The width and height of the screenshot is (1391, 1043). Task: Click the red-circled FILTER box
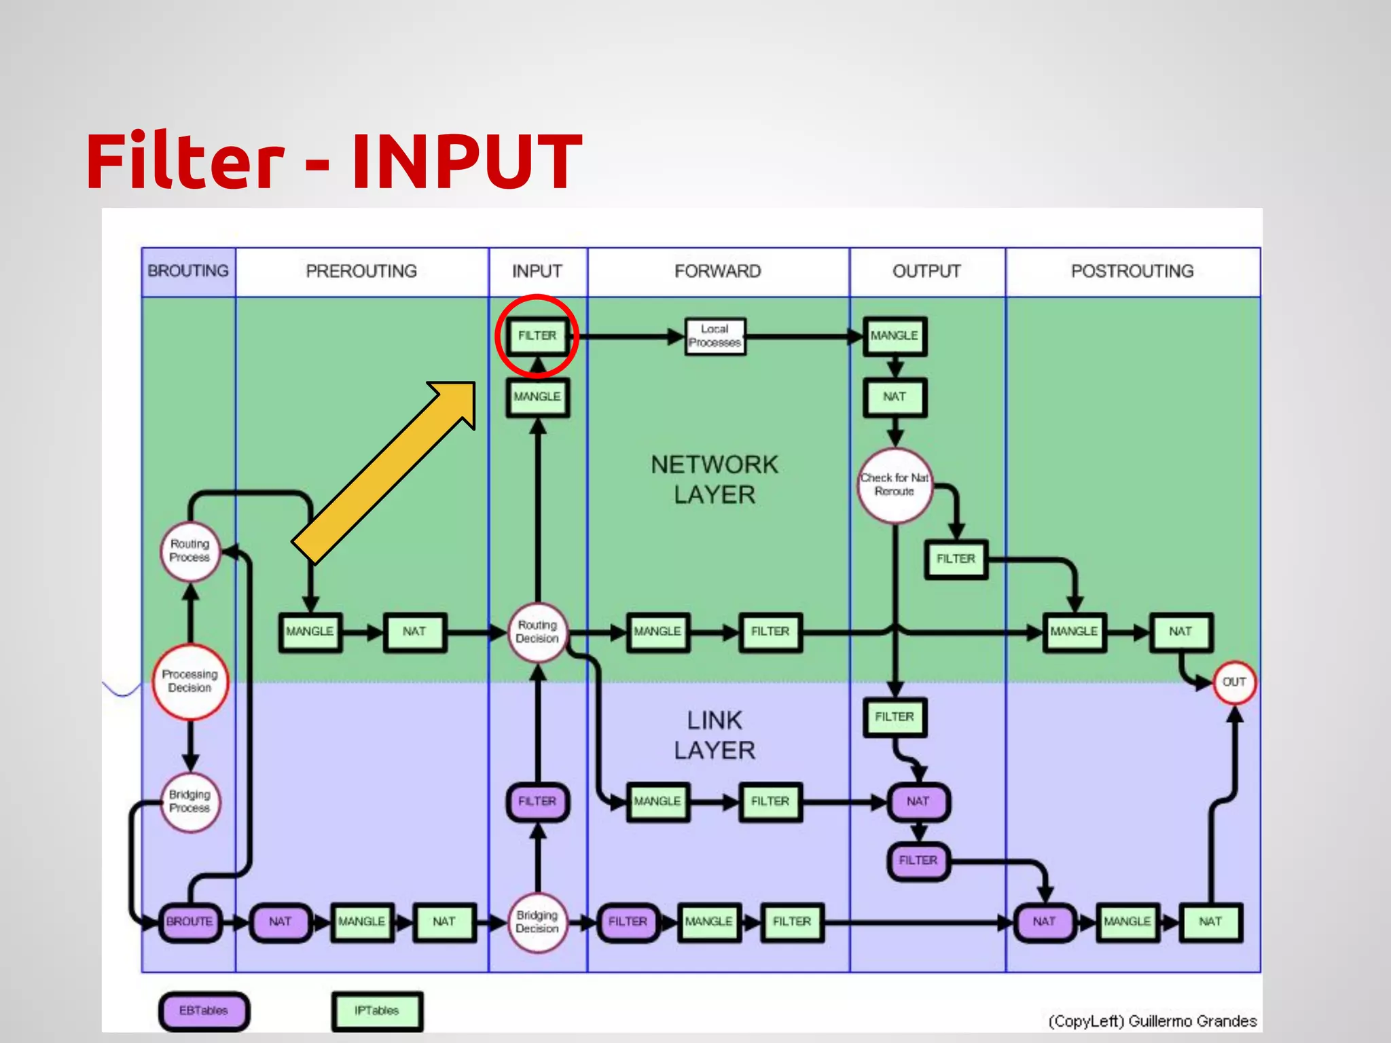coord(537,335)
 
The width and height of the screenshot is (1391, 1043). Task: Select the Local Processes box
coord(715,336)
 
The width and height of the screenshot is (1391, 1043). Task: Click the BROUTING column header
coord(188,271)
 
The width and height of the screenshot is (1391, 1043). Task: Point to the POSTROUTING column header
coord(1132,271)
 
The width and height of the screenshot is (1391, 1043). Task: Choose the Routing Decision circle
coord(537,632)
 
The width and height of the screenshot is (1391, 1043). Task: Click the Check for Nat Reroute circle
coord(895,485)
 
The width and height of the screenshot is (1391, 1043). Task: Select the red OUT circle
coord(1233,682)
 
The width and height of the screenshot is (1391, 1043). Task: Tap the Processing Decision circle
coord(190,681)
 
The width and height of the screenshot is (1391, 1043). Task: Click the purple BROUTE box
coord(189,921)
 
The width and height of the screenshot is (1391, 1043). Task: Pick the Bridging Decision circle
coord(537,922)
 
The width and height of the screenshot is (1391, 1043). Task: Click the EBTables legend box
coord(204,1010)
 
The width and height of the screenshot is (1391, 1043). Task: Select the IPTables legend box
coord(377,1010)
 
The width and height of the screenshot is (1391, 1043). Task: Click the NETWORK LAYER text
coord(715,479)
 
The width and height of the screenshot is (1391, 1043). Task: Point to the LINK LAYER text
coord(715,735)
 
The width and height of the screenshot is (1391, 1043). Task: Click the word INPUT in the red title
coord(467,162)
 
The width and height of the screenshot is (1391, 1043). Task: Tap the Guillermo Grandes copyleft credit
coord(1152,1021)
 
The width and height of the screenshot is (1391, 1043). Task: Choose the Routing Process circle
coord(190,551)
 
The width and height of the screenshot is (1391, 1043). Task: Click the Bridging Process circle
coord(190,801)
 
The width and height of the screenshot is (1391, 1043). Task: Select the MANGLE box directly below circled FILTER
coord(537,397)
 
